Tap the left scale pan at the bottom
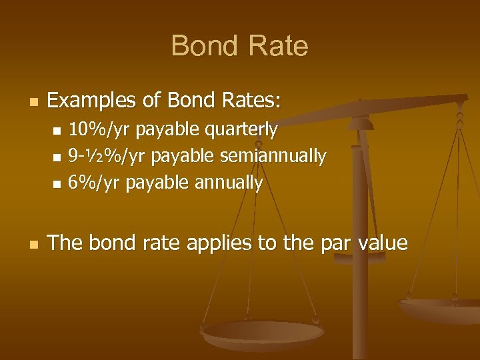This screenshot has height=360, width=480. point(263,334)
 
